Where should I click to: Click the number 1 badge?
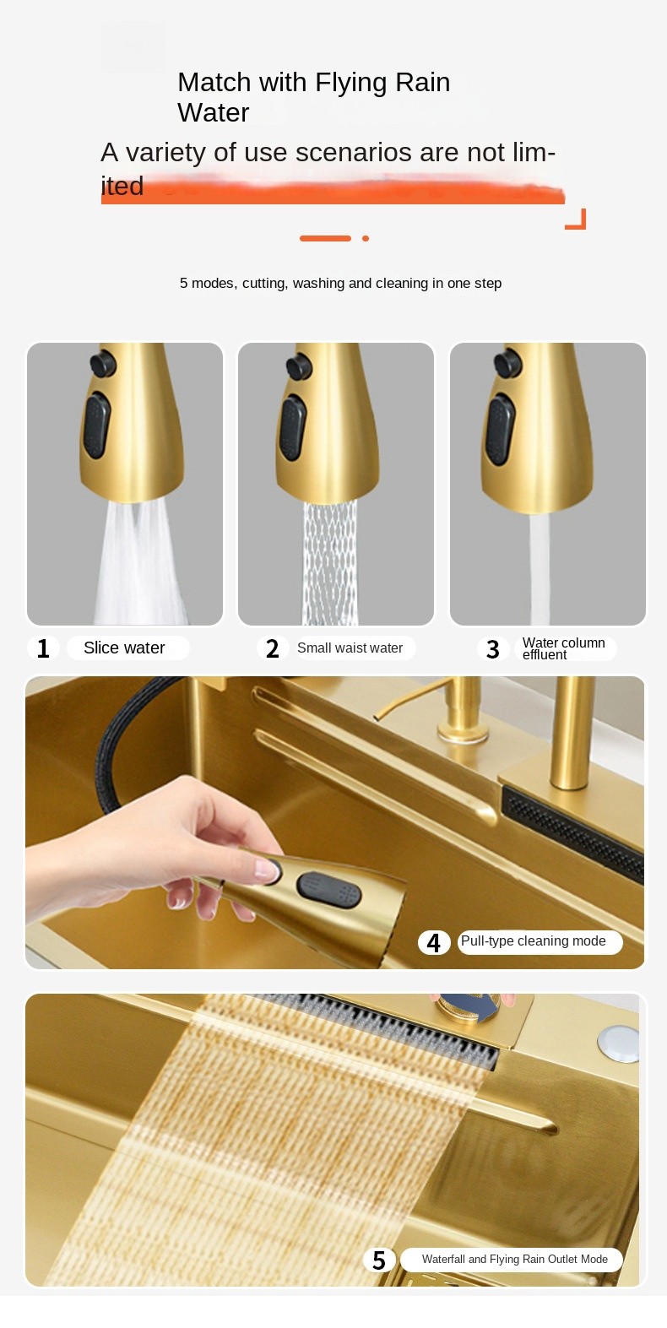43,648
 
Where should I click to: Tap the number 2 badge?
272,648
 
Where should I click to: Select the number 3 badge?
493,649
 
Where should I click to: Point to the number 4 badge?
433,942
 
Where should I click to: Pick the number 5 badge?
379,1260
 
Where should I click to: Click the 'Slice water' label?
124,648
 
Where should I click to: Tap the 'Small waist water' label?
350,648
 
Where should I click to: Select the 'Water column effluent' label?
564,648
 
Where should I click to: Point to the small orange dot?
366,238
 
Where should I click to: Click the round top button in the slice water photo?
103,363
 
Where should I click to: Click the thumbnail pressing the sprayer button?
268,870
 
